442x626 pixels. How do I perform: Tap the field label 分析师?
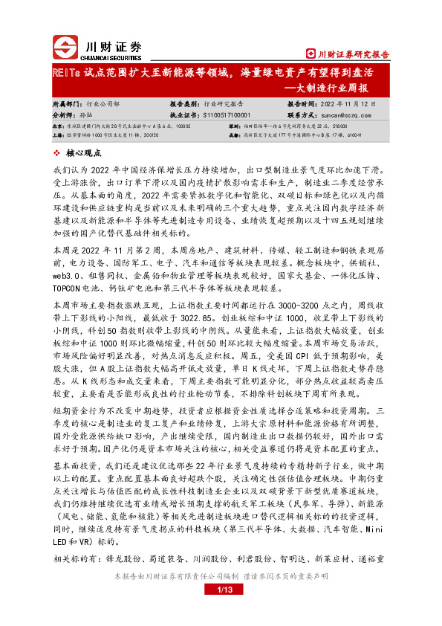(x=65, y=116)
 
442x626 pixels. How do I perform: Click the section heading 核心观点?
(x=85, y=152)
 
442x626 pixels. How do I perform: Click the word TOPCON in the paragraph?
(x=69, y=287)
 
